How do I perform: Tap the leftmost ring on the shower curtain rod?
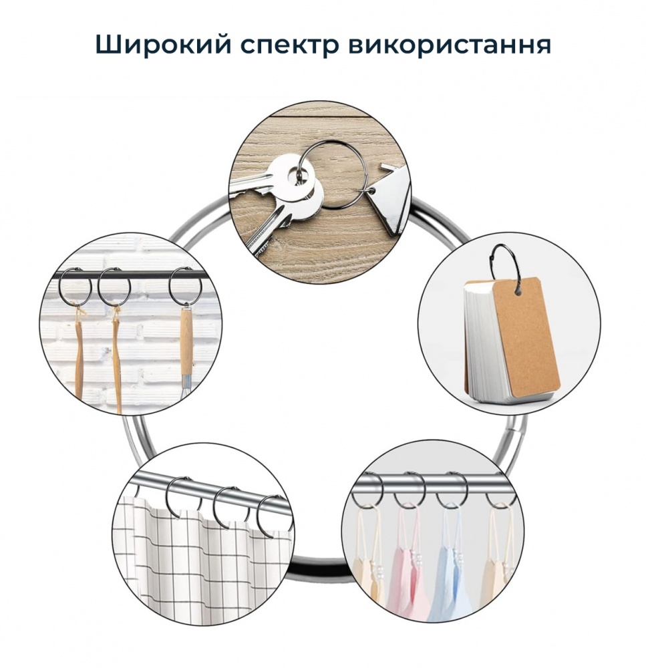point(180,494)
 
